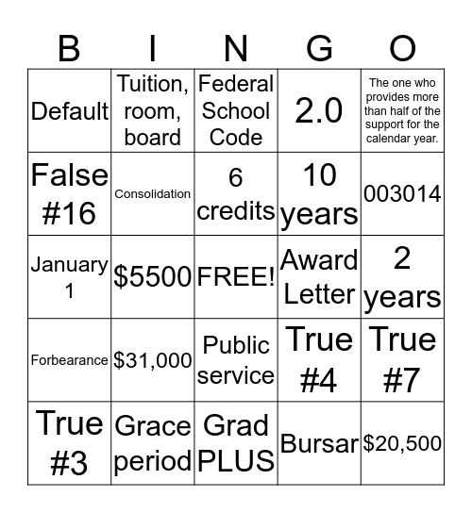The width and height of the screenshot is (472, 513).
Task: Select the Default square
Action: tap(70, 111)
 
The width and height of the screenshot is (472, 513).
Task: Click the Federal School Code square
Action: tap(236, 111)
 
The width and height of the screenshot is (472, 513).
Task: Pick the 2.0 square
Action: tap(319, 111)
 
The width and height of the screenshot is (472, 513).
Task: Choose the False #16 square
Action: tap(70, 194)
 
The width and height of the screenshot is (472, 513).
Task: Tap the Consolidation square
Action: tap(153, 194)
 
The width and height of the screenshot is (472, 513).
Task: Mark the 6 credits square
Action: tap(236, 194)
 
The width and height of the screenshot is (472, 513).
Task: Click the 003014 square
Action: tap(402, 194)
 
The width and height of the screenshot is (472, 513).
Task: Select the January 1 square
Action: tap(70, 277)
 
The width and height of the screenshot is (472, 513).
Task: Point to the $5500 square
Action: tap(153, 277)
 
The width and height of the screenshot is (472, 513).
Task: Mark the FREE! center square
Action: tap(236, 277)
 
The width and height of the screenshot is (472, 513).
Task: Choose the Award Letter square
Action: tap(319, 277)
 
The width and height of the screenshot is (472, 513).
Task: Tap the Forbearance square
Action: tap(70, 360)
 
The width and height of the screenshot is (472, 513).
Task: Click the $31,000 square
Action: tap(153, 360)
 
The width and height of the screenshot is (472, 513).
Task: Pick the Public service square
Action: tap(236, 360)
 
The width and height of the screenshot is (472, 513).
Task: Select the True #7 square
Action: tap(402, 360)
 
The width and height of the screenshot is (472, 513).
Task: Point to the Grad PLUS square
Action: tap(236, 443)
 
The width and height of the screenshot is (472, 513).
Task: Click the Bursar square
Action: tap(319, 443)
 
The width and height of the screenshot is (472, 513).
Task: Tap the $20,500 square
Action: tap(402, 443)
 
